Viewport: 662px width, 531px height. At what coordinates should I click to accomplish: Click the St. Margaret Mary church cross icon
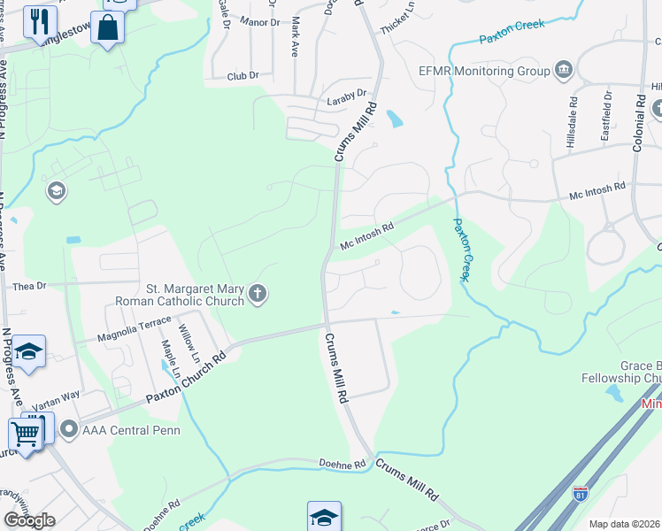point(258,294)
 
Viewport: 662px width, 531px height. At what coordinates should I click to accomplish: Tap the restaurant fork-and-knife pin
point(39,21)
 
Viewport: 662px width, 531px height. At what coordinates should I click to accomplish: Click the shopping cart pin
point(25,435)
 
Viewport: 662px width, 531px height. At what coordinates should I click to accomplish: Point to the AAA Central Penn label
point(130,431)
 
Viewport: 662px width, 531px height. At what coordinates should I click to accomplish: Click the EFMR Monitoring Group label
point(483,71)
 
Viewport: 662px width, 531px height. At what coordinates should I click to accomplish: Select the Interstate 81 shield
point(581,495)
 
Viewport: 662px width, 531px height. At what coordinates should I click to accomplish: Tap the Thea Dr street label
point(28,287)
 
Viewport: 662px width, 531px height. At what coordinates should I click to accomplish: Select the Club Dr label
point(242,77)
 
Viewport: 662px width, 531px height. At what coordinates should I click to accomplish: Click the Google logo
point(29,519)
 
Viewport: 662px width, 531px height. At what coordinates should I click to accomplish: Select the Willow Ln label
point(189,344)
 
